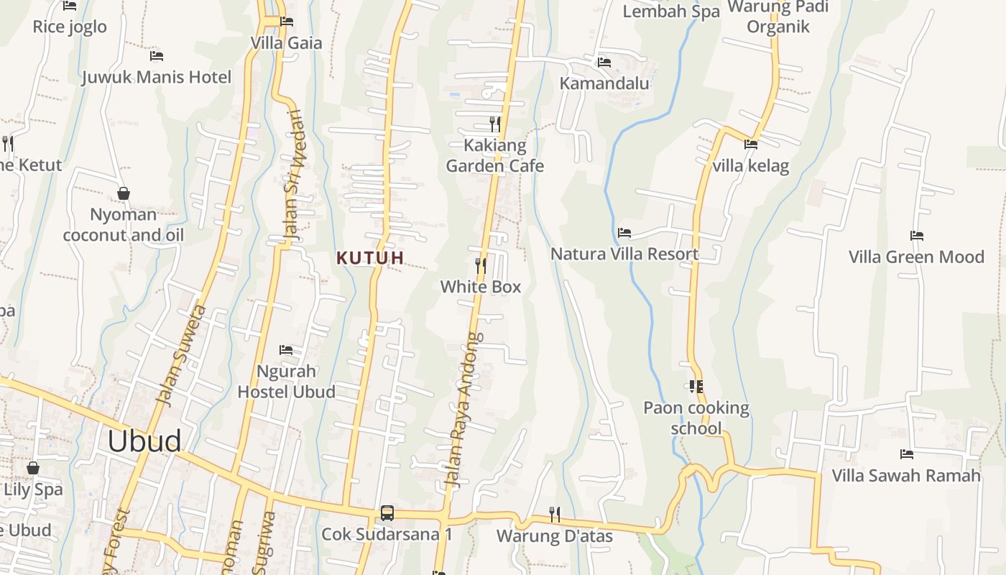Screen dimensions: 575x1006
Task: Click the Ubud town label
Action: pos(144,441)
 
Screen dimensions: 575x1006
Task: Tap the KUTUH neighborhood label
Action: pos(371,257)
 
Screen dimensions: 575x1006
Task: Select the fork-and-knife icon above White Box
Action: pos(480,266)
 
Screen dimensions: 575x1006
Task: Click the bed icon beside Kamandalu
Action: pos(604,63)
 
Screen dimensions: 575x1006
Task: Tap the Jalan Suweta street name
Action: pos(183,356)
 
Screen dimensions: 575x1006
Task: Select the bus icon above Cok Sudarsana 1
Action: pos(387,513)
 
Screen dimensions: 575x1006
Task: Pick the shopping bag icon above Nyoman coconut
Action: pos(124,193)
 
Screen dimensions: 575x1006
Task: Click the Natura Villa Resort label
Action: pos(624,254)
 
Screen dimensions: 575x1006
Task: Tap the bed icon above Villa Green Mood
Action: pos(916,236)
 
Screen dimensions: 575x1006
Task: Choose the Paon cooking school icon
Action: pos(696,387)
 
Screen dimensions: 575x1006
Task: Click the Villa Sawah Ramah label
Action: pos(906,475)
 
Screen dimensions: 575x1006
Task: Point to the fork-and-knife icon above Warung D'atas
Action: pos(555,515)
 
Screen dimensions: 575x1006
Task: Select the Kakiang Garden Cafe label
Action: pos(495,156)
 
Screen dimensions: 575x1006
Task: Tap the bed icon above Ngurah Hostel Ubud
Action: pos(286,350)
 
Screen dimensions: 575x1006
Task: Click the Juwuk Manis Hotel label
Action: pos(157,77)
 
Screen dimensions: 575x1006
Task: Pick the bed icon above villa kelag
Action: pos(751,144)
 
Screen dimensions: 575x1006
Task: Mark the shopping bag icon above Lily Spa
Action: pos(33,468)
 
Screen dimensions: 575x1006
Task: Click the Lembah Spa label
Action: pos(671,11)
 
